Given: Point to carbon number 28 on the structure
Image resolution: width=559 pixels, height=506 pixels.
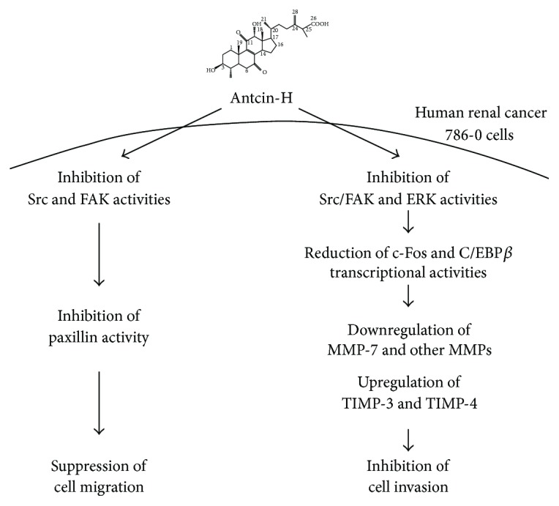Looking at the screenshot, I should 294,13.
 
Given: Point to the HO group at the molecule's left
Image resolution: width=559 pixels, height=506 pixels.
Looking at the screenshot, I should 211,71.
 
